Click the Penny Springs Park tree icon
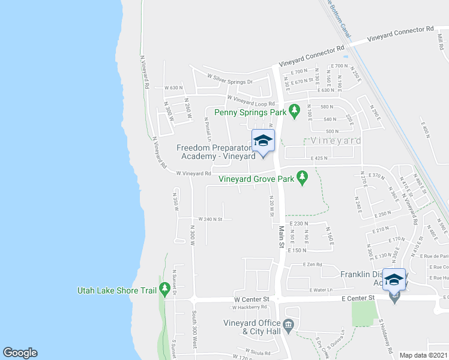pyautogui.click(x=294, y=111)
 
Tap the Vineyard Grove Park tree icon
pyautogui.click(x=303, y=178)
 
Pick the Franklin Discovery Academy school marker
pyautogui.click(x=394, y=280)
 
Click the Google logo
pyautogui.click(x=20, y=353)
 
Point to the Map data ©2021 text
pyautogui.click(x=424, y=355)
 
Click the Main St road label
pyautogui.click(x=280, y=236)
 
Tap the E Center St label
pyautogui.click(x=358, y=297)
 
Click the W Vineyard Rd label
pyautogui.click(x=193, y=173)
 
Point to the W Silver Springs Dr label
pyautogui.click(x=231, y=79)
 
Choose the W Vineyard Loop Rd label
pyautogui.click(x=251, y=100)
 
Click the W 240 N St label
pyautogui.click(x=206, y=220)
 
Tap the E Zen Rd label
pyautogui.click(x=313, y=265)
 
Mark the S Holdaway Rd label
pyautogui.click(x=385, y=336)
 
